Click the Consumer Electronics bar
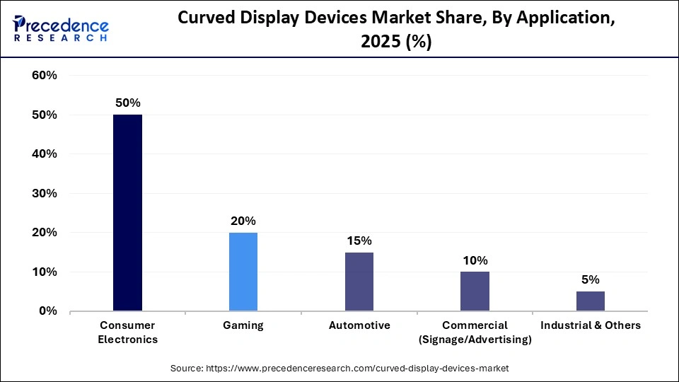coord(128,212)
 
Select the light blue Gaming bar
coord(243,272)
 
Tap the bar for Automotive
coord(359,282)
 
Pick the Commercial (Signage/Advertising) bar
coord(475,291)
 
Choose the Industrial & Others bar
coord(590,301)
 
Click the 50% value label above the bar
coord(128,103)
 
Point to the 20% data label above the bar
coord(243,221)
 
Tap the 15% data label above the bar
coord(359,241)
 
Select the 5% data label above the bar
coord(590,279)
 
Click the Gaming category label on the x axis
coord(243,325)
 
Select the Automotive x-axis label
coord(359,325)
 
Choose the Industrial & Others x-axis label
coord(590,325)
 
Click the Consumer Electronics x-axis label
coord(128,332)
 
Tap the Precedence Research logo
coord(61,28)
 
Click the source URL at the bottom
coord(339,369)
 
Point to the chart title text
coord(396,30)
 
